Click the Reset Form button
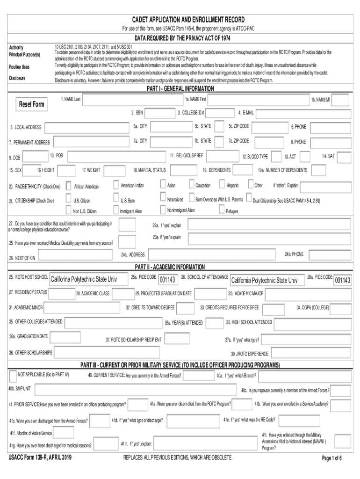click(x=32, y=104)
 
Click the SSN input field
click(x=159, y=113)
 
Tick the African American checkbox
click(x=69, y=186)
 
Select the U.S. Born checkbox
click(x=116, y=199)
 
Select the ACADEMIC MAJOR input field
click(x=307, y=294)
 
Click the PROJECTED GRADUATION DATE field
click(x=209, y=294)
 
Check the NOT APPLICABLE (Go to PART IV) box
click(x=13, y=376)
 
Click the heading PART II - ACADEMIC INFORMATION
click(x=170, y=267)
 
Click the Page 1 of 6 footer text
click(x=332, y=458)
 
